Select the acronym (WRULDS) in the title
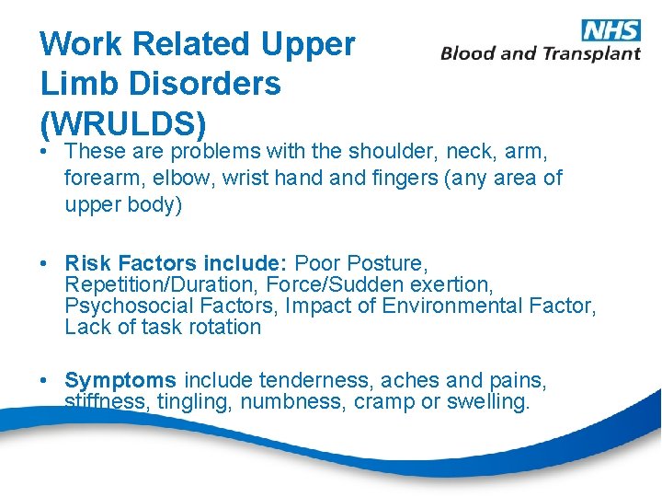(x=122, y=122)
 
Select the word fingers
(x=404, y=178)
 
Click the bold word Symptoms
(x=120, y=379)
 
